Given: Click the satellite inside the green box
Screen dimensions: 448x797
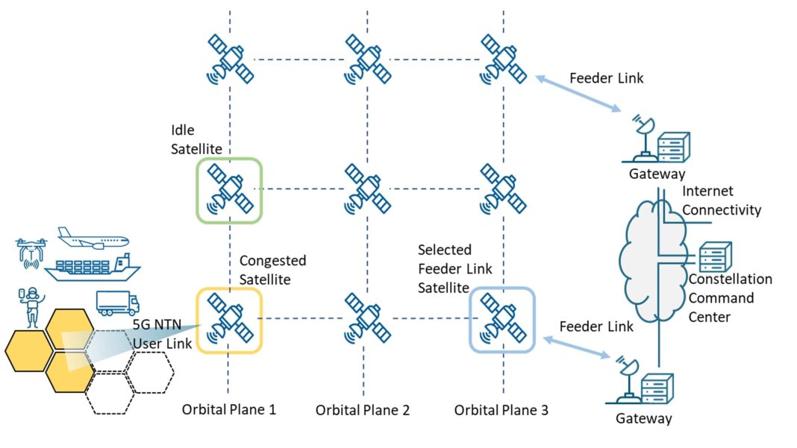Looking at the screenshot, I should click(230, 189).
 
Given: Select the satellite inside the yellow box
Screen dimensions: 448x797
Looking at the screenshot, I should click(230, 320).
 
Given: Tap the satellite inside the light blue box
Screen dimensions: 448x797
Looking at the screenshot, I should click(502, 320).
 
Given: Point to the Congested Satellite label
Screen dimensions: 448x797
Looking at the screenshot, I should click(272, 269).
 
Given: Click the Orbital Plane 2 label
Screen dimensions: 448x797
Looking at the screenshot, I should click(363, 410).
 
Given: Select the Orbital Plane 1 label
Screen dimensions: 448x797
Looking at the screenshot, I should click(230, 409).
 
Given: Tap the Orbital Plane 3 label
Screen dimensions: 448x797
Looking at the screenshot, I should click(501, 409).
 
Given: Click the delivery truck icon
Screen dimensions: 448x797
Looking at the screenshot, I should click(117, 303).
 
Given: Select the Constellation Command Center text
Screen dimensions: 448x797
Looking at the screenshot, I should click(730, 298).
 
